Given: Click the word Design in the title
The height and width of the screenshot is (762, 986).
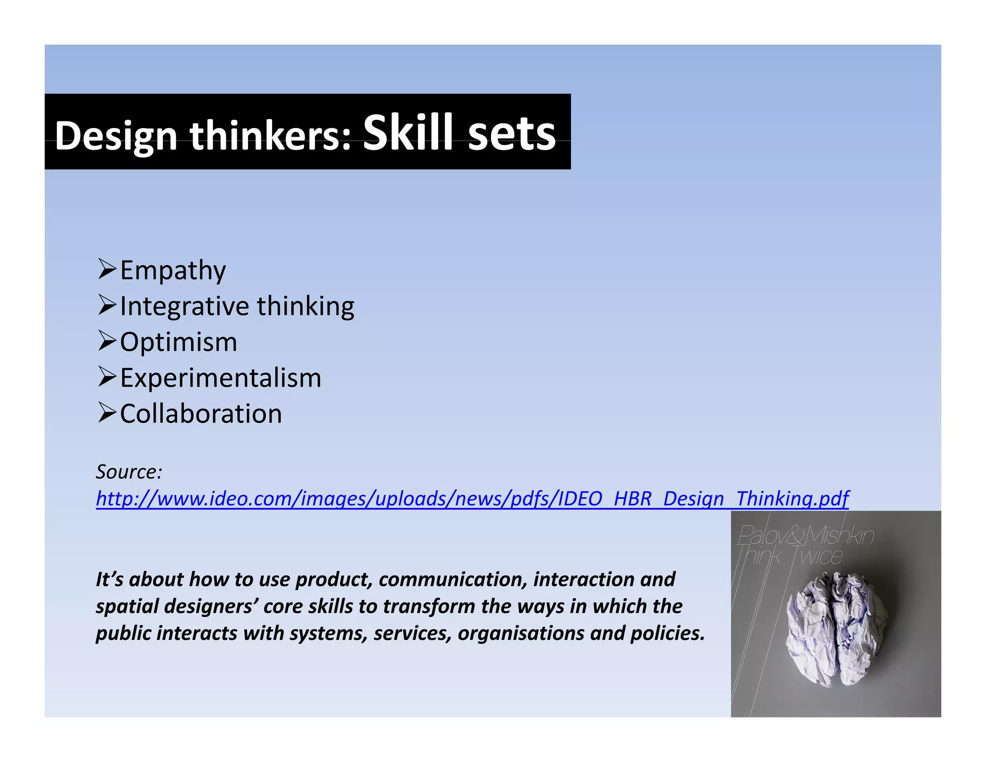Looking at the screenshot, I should tap(116, 136).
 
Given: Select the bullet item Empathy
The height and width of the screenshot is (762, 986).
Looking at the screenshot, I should tap(173, 270).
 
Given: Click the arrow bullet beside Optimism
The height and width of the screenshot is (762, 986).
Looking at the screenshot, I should tap(107, 341).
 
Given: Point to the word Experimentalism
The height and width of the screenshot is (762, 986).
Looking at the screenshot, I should tap(221, 378).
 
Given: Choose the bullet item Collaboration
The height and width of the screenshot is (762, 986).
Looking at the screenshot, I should tap(201, 414).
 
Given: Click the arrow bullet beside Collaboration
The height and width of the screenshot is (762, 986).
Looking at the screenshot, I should tap(107, 413).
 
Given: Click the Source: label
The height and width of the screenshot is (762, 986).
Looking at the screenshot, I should tap(129, 472).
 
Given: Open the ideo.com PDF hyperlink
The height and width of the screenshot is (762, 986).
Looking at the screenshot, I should tap(472, 499).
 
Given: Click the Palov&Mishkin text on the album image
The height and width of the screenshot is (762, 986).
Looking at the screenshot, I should tap(806, 535).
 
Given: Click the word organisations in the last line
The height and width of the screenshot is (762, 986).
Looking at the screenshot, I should tap(520, 633).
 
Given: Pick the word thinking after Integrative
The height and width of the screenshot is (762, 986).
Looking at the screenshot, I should tap(305, 306).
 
